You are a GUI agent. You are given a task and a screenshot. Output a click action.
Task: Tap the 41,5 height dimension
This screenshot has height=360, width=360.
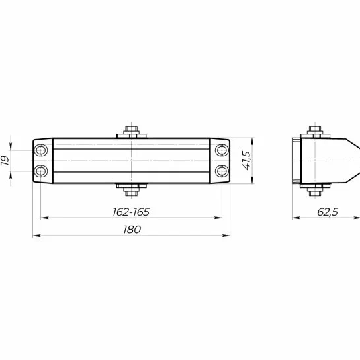pyautogui.click(x=247, y=160)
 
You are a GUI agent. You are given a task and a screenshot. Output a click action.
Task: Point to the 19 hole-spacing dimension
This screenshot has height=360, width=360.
pyautogui.click(x=6, y=161)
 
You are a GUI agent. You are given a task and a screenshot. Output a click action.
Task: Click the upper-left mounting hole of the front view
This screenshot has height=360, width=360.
pyautogui.click(x=42, y=151)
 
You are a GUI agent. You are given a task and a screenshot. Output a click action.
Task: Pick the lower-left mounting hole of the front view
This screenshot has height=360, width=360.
pyautogui.click(x=42, y=171)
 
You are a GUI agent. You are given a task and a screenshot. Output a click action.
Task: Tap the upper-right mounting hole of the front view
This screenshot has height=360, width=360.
pyautogui.click(x=220, y=151)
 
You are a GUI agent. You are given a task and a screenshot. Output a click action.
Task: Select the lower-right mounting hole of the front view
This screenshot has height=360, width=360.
pyautogui.click(x=220, y=171)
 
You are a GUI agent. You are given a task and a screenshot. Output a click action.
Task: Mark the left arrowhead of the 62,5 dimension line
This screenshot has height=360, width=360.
pyautogui.click(x=294, y=218)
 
